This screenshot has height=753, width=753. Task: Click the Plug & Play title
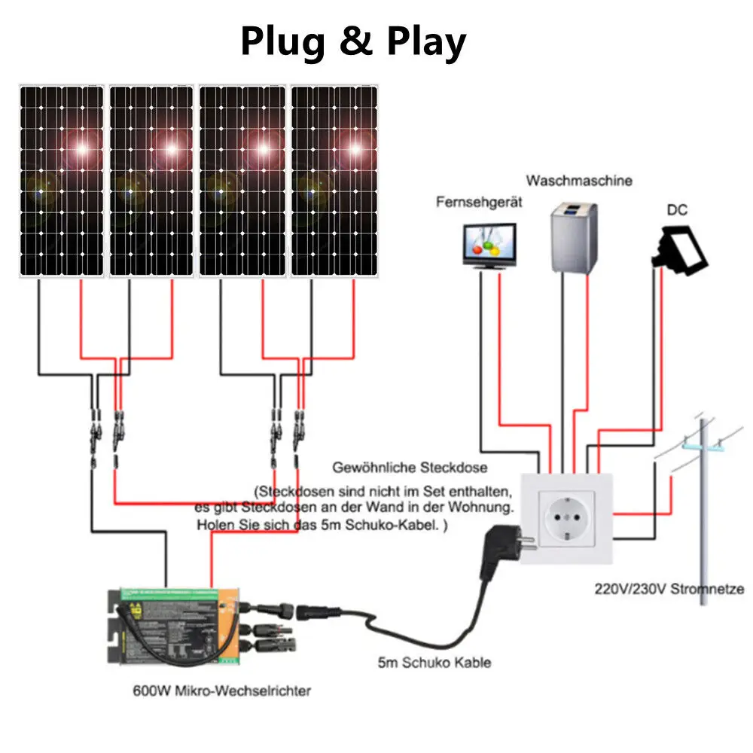(353, 42)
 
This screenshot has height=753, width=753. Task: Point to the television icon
(489, 245)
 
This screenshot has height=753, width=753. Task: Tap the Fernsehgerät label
(479, 203)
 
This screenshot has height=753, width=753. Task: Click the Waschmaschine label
(579, 181)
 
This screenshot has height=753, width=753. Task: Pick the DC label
(676, 211)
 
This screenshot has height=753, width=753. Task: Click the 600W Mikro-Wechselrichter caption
(221, 691)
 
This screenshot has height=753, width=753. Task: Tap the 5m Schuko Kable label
(434, 662)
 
